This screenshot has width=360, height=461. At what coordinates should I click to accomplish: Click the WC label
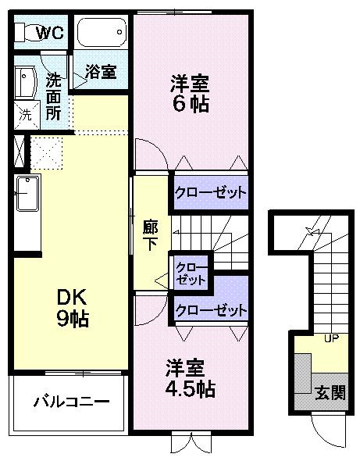point(50,32)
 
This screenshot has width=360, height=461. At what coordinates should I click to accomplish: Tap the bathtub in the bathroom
point(102,32)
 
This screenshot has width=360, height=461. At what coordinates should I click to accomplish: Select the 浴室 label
point(101,71)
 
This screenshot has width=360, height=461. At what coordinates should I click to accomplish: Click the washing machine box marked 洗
point(27,115)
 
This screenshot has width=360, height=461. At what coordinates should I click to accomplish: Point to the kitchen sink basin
point(27,193)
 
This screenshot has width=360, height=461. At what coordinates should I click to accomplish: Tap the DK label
point(72,297)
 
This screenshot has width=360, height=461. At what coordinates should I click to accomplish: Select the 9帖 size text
point(73,319)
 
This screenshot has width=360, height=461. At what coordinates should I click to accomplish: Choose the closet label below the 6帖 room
point(210,192)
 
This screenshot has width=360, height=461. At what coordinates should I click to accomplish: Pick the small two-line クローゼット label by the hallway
point(191,273)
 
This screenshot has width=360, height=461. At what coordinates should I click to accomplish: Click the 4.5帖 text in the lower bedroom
point(190,389)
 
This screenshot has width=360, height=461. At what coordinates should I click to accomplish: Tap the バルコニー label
point(71,402)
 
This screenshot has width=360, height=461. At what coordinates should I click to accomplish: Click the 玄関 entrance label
point(330,393)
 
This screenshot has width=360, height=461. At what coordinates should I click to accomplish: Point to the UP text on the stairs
point(331,338)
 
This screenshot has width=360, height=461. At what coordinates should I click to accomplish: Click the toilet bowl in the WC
point(32,32)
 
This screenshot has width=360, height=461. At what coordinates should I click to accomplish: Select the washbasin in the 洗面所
point(25,83)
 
